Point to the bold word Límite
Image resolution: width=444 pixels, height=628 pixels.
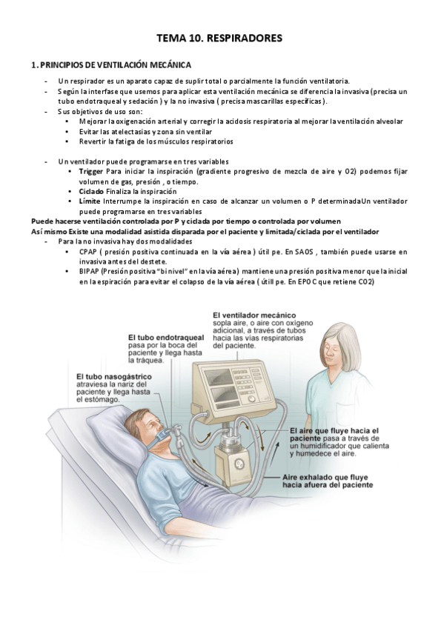click(x=89, y=201)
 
